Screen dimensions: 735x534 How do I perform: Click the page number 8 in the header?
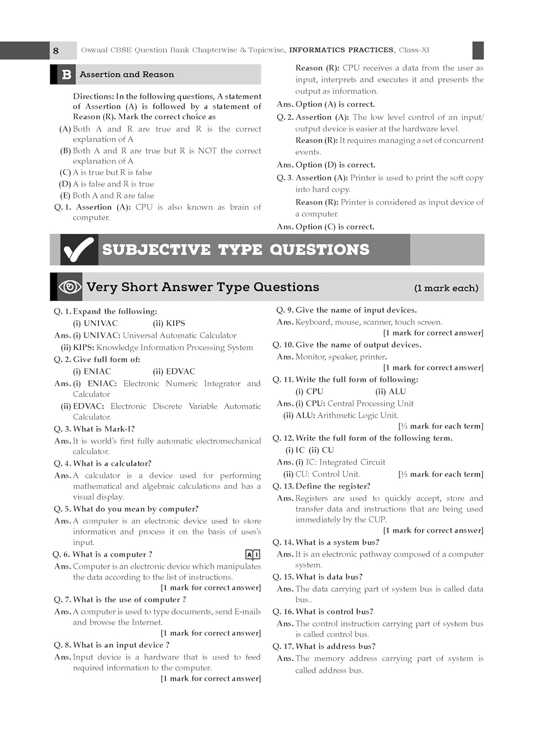coord(56,50)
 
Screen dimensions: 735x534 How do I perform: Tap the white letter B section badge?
coord(67,74)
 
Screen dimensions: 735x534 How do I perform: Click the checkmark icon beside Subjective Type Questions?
coord(78,249)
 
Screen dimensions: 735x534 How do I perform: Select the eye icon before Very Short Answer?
coord(70,287)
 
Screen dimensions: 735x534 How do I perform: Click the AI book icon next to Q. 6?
coord(253,555)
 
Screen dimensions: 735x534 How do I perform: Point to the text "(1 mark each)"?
coord(446,288)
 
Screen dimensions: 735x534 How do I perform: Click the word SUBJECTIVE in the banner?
coord(157,249)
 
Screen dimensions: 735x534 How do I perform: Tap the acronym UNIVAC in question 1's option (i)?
coord(101,323)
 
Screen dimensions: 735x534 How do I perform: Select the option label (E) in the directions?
coord(65,196)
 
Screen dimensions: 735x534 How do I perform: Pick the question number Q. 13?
coord(283,486)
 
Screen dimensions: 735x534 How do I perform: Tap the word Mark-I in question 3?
coord(119,429)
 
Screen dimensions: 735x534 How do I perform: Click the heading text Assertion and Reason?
coord(127,74)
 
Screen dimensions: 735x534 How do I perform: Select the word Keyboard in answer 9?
coord(313,322)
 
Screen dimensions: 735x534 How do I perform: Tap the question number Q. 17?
coord(283,646)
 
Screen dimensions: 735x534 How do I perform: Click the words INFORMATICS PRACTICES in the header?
coord(341,50)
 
